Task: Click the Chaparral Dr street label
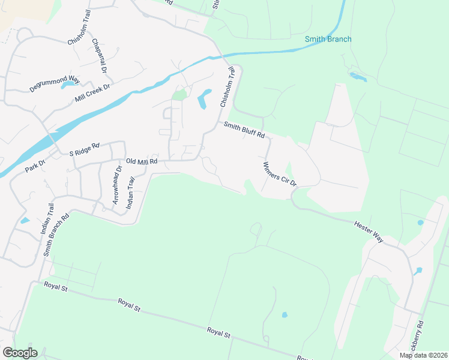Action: pos(99,56)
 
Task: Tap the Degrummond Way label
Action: pos(55,83)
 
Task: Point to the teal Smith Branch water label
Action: pos(328,40)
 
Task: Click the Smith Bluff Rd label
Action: pos(244,130)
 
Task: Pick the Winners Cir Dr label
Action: pos(280,174)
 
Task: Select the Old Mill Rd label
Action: pos(142,161)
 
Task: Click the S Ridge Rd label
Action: pos(83,149)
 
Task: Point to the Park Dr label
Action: pos(35,166)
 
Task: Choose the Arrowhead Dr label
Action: pos(117,185)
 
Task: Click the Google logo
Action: pos(20,353)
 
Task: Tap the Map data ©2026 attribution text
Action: pos(423,355)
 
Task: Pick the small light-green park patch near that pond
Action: pos(179,94)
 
